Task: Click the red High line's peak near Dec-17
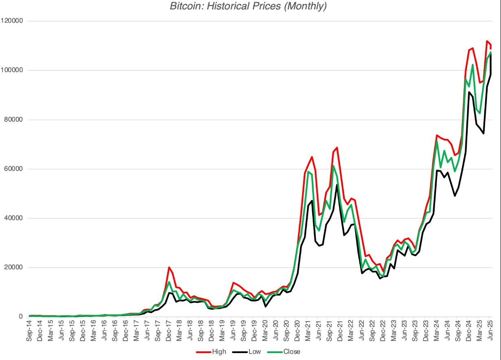pos(169,267)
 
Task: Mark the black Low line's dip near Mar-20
pos(265,306)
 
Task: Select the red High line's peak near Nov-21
pos(337,147)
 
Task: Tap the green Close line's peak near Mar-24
pos(437,141)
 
